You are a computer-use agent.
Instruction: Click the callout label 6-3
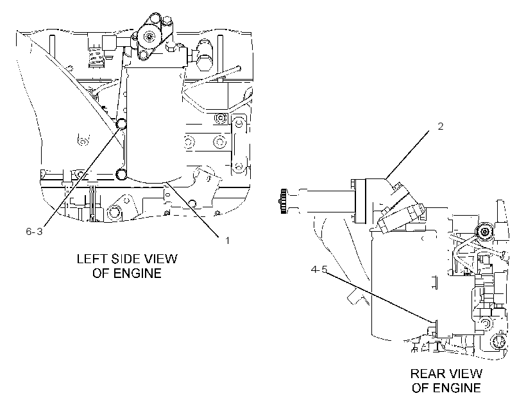(34, 231)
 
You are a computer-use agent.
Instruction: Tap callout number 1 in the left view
(227, 241)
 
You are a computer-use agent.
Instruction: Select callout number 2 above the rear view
(440, 126)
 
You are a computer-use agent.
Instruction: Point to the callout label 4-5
(319, 270)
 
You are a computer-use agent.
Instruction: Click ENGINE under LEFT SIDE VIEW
(137, 273)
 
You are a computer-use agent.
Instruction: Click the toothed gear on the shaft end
(283, 201)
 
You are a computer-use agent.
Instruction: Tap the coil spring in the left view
(96, 56)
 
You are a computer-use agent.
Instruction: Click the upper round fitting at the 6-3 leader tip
(121, 124)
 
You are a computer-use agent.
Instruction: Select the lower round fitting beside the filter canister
(121, 174)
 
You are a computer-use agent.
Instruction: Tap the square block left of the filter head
(109, 43)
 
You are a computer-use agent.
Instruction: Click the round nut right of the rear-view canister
(484, 231)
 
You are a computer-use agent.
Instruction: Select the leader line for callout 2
(407, 155)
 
